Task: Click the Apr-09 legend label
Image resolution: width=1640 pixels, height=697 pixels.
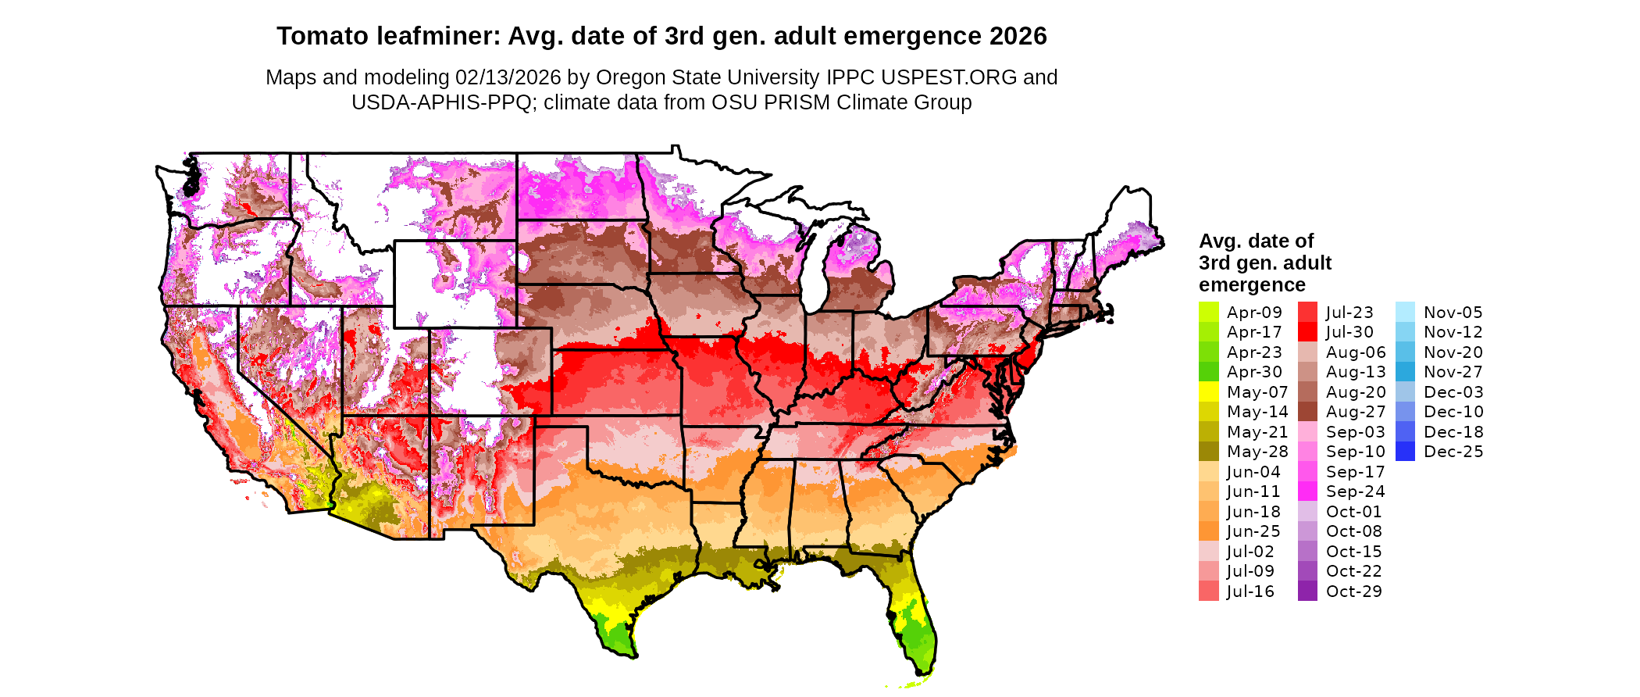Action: click(x=1254, y=313)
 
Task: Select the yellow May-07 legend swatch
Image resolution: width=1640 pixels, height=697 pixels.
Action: click(x=1208, y=392)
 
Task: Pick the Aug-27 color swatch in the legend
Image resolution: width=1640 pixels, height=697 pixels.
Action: click(x=1307, y=412)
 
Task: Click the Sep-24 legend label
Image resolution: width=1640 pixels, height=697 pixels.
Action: click(x=1355, y=491)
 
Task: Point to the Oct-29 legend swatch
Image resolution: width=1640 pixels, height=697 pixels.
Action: click(x=1307, y=592)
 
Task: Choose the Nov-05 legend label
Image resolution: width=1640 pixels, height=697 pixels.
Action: click(x=1453, y=313)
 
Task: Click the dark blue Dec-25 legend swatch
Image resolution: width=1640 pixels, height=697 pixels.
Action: click(x=1405, y=452)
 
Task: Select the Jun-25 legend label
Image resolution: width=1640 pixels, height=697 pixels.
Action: click(x=1253, y=531)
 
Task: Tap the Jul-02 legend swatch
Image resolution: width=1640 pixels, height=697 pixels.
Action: click(x=1208, y=552)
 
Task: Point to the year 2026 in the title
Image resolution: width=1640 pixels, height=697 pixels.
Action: click(x=1018, y=36)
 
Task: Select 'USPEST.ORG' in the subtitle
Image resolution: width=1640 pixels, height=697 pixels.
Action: click(x=949, y=77)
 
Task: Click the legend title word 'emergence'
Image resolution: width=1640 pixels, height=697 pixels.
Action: click(x=1252, y=284)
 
